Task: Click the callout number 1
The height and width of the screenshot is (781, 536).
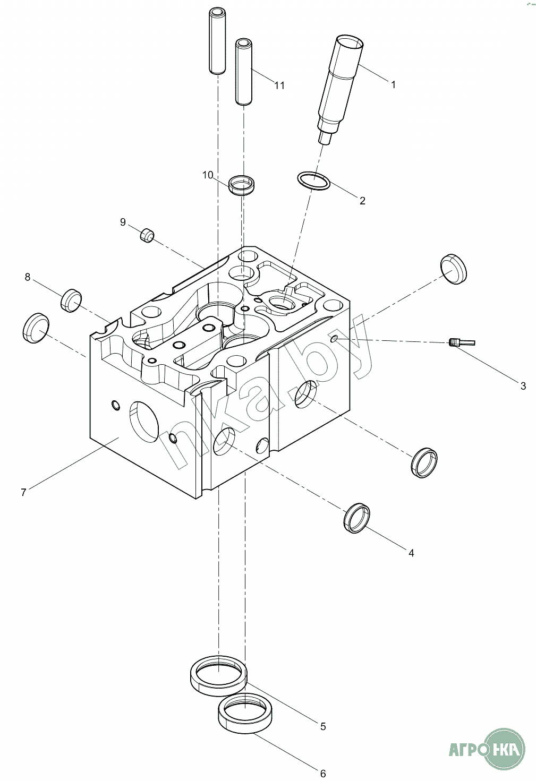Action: tap(393, 84)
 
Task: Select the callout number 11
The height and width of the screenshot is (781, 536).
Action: tap(279, 85)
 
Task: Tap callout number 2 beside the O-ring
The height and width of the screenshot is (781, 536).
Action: tap(362, 201)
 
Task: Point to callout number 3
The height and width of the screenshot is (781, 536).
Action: tap(523, 386)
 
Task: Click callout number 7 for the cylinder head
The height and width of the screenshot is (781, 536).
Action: tap(23, 492)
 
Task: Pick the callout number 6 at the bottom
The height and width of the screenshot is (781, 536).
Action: tap(323, 774)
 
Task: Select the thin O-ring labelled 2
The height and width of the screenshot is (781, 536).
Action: tap(313, 181)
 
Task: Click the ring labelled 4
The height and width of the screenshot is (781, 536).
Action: tap(356, 518)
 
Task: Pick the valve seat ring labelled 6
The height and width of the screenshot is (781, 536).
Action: tap(245, 712)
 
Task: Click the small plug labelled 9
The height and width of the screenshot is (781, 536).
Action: tap(147, 235)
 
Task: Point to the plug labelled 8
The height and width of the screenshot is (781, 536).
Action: tap(71, 301)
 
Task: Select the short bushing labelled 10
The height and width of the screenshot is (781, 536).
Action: tap(242, 184)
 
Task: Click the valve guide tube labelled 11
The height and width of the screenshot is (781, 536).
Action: tap(244, 72)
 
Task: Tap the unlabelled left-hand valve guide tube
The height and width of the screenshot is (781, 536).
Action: tap(217, 41)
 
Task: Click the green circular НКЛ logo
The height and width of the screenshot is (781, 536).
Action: tap(505, 749)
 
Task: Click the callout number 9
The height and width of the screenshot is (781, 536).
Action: tap(123, 222)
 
